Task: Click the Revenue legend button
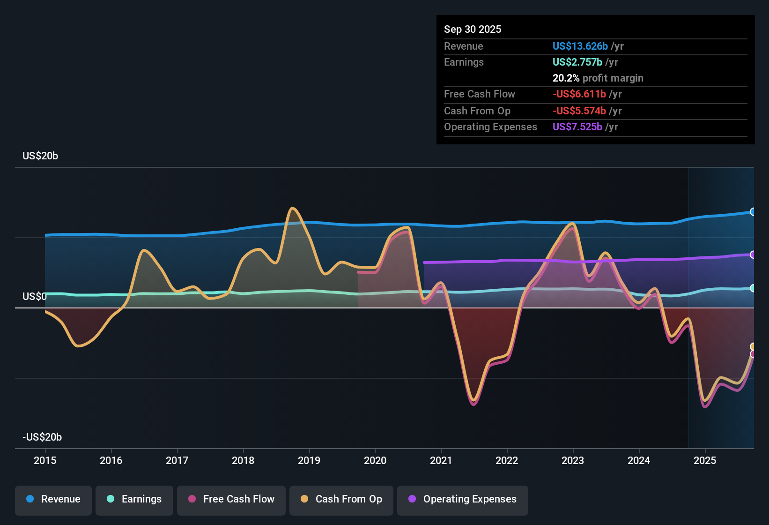click(x=53, y=499)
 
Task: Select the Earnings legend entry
click(x=134, y=499)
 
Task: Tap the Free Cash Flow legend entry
click(x=231, y=499)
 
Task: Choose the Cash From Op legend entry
click(x=341, y=499)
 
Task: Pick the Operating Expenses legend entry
click(x=463, y=499)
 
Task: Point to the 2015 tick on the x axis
click(x=45, y=460)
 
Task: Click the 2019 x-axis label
click(x=309, y=460)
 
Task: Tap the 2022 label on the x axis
click(x=507, y=460)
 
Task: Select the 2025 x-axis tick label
click(x=705, y=460)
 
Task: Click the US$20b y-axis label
click(x=40, y=156)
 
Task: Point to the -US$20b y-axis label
click(x=42, y=437)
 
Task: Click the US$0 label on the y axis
click(x=35, y=297)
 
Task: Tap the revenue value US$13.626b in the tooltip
click(x=580, y=46)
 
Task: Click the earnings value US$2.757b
click(x=577, y=62)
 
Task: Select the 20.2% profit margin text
click(x=598, y=78)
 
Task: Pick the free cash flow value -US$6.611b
click(x=579, y=94)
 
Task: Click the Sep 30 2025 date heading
click(x=472, y=30)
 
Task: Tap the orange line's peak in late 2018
click(x=292, y=208)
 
